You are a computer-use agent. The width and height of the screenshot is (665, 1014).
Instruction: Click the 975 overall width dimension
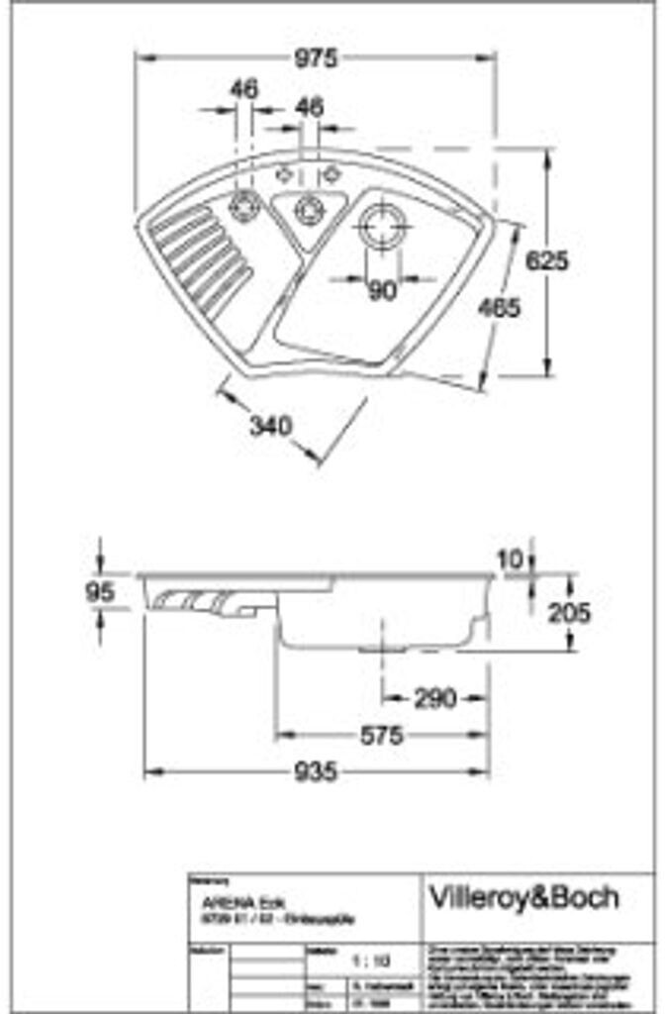tap(316, 58)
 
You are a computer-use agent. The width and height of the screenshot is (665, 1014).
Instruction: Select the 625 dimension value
tap(546, 260)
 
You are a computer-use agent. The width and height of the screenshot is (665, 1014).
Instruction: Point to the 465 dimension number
tap(499, 309)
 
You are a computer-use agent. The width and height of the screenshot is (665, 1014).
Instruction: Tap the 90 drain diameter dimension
tap(381, 290)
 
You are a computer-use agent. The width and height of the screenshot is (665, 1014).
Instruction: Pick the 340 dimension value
tap(270, 427)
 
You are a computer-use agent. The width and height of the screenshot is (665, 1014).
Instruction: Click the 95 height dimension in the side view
tap(100, 592)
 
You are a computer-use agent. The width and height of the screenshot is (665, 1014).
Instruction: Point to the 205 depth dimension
tap(569, 613)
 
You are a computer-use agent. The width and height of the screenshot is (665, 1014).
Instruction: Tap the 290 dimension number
tap(434, 698)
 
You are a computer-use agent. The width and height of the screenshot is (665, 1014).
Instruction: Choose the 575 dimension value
tap(381, 736)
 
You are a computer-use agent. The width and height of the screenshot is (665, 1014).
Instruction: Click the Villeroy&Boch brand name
tap(523, 897)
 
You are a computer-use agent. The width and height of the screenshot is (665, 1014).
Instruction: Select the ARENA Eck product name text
tap(226, 903)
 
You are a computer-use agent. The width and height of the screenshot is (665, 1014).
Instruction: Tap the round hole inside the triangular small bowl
tap(310, 209)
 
